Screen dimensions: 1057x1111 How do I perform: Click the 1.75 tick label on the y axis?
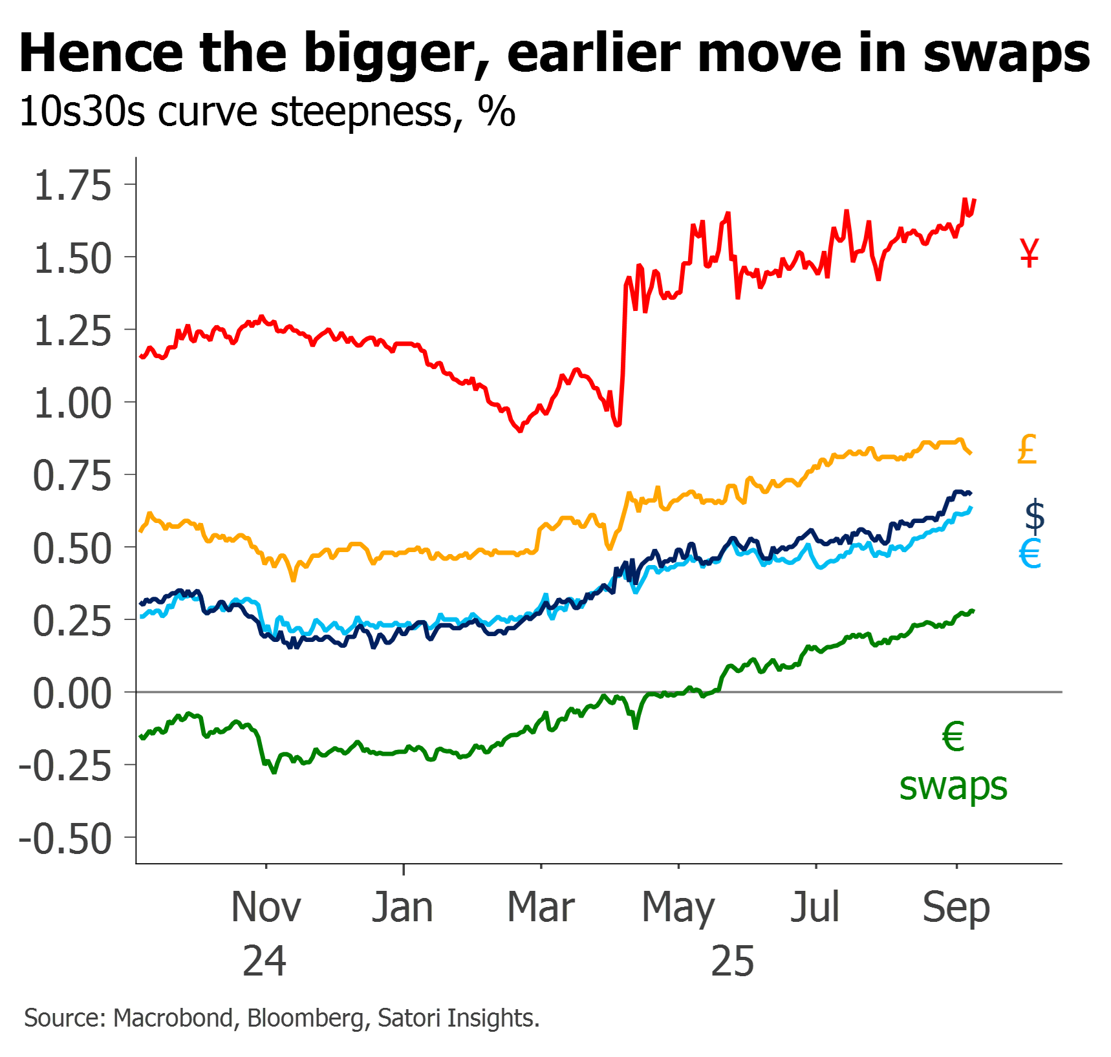point(72,186)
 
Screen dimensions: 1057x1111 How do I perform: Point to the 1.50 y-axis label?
point(72,259)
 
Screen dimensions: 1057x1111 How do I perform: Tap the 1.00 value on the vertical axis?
point(72,403)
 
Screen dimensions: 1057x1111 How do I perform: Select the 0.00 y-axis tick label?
point(72,694)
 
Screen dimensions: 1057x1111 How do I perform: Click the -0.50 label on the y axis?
point(66,839)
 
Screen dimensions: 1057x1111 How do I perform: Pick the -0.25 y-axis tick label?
point(66,767)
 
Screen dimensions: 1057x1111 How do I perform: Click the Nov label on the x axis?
point(266,907)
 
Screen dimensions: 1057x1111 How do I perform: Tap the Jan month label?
point(403,907)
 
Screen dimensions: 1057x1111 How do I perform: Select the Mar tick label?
point(541,907)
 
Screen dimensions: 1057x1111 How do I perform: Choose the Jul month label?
point(815,907)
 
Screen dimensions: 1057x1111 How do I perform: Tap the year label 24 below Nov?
point(264,961)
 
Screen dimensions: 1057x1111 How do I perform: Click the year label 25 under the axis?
point(733,961)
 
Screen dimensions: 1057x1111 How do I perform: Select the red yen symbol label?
point(1030,253)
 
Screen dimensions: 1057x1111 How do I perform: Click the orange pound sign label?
point(1028,449)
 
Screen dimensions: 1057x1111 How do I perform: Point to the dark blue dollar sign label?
point(1035,516)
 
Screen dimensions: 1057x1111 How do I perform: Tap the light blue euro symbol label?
point(1030,554)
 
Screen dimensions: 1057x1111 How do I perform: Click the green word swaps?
point(953,787)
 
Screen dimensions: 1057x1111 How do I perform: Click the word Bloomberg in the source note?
point(305,1018)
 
